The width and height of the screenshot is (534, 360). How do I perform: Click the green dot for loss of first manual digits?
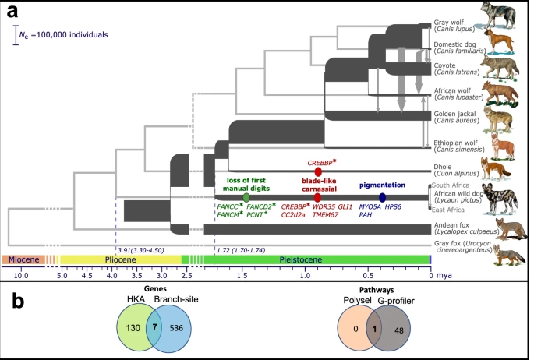point(246,197)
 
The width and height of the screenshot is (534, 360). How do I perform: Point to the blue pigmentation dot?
point(382,197)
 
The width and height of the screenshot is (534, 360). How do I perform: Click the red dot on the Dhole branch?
point(317,171)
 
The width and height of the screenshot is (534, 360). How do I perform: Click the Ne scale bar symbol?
point(16,35)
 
